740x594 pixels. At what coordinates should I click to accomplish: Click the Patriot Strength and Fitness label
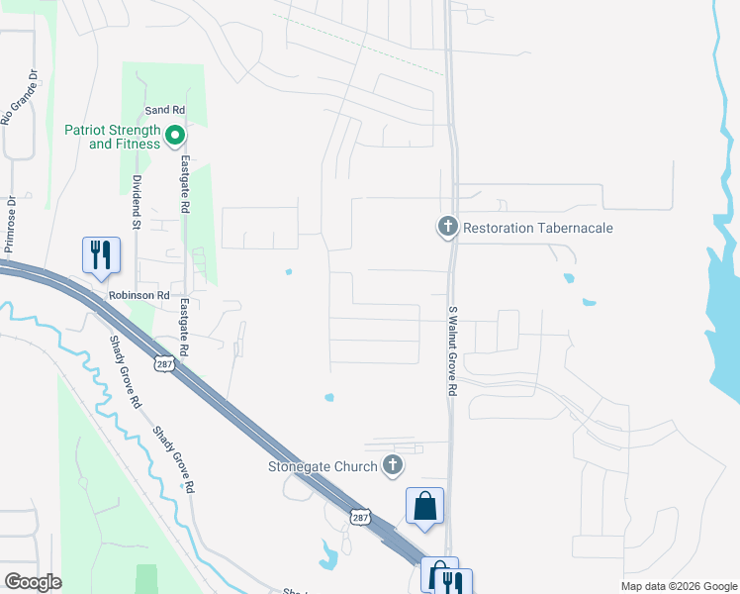click(x=112, y=137)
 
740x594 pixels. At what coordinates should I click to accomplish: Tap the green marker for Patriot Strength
click(x=175, y=136)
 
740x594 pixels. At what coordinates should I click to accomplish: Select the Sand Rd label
click(x=164, y=110)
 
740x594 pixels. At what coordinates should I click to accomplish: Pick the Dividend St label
click(x=138, y=204)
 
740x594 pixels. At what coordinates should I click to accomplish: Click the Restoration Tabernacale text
click(x=539, y=229)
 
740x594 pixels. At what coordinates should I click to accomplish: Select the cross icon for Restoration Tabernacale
click(x=447, y=228)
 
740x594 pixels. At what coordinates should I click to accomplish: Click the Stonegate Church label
click(x=324, y=466)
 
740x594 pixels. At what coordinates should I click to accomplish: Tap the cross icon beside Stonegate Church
click(x=393, y=464)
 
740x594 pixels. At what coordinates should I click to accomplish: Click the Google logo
click(x=33, y=582)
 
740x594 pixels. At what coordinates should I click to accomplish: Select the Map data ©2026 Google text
click(x=678, y=586)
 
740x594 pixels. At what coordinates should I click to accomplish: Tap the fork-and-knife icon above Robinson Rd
click(x=101, y=254)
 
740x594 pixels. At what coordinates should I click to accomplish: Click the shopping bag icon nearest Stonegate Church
click(x=424, y=506)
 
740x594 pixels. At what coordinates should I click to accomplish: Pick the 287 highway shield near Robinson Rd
click(x=162, y=364)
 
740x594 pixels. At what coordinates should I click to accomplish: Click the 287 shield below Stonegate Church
click(x=361, y=517)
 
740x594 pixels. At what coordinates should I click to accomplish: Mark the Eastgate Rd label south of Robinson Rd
click(x=184, y=332)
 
